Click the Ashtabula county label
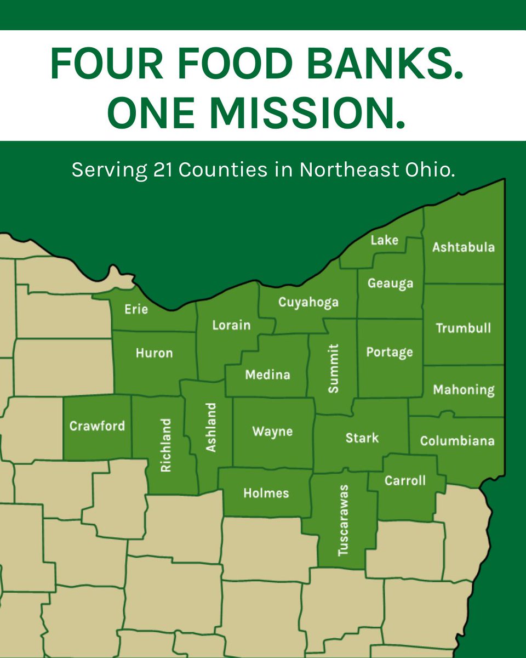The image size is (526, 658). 463,247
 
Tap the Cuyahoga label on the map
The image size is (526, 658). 308,303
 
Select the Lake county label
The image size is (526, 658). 384,240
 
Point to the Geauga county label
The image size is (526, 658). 390,283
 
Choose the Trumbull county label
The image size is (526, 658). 463,328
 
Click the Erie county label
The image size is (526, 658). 136,309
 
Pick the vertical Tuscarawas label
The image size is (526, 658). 344,520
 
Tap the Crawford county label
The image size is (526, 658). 97,426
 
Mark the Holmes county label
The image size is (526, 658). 266,493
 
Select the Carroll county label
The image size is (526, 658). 405,481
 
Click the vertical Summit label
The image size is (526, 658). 333,368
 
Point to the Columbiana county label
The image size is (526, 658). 457,441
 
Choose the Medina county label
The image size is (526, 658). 267,375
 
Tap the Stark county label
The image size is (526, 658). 362,438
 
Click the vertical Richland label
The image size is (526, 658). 166,446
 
